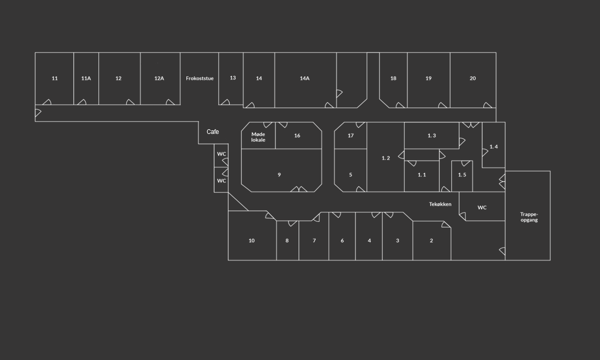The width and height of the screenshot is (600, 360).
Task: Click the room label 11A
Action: point(86,78)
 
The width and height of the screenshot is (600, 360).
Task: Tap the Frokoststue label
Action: point(199,78)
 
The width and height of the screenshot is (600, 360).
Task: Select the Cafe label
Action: point(213,132)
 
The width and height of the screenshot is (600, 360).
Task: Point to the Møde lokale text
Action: point(258,137)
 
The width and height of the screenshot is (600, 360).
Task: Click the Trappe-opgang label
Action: point(529,217)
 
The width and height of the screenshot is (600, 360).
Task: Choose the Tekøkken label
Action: point(440,204)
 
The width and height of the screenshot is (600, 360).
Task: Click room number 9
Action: point(279,175)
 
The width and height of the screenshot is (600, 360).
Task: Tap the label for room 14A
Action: point(305,78)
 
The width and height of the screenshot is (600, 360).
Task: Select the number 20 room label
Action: point(473,78)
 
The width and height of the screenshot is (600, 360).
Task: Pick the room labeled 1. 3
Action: point(431,136)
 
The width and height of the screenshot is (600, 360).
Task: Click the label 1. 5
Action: point(462,175)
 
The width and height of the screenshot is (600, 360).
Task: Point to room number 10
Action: point(251,241)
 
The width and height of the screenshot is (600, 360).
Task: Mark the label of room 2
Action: point(431,241)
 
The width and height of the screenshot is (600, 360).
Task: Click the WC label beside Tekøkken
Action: point(482,208)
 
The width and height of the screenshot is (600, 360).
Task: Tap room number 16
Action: point(297,136)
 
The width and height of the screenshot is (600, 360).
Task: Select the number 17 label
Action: point(351,136)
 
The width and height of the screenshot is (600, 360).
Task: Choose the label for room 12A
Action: point(159,78)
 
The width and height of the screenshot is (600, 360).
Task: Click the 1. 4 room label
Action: point(493,147)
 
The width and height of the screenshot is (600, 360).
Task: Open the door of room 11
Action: point(47,102)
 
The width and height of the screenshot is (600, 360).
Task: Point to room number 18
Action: point(393,78)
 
